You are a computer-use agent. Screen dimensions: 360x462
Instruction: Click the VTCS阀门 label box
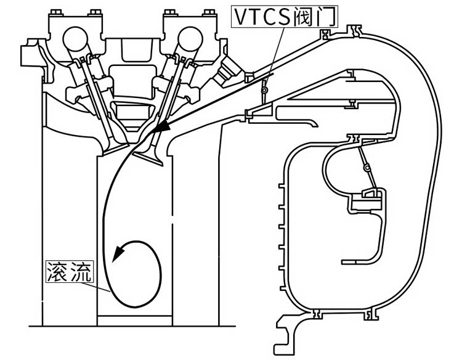[x=285, y=16]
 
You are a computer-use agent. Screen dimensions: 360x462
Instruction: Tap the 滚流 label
[x=69, y=272]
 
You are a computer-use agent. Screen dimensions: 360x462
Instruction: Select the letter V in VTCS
[x=241, y=16]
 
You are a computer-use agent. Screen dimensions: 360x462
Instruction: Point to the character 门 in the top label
[x=327, y=16]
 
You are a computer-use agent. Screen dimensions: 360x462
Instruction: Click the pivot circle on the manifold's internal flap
[x=366, y=166]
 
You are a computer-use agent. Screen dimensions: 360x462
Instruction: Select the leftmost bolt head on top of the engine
[x=60, y=12]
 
